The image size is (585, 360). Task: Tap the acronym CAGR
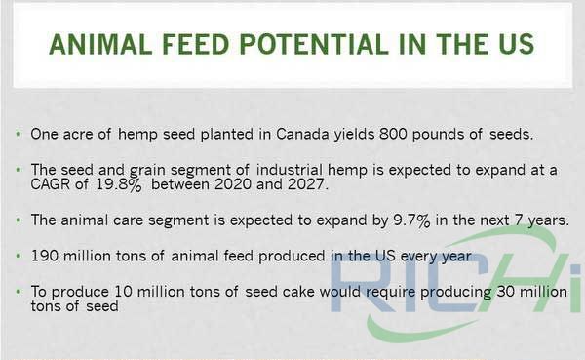click(53, 185)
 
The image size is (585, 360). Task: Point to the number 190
click(45, 257)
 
